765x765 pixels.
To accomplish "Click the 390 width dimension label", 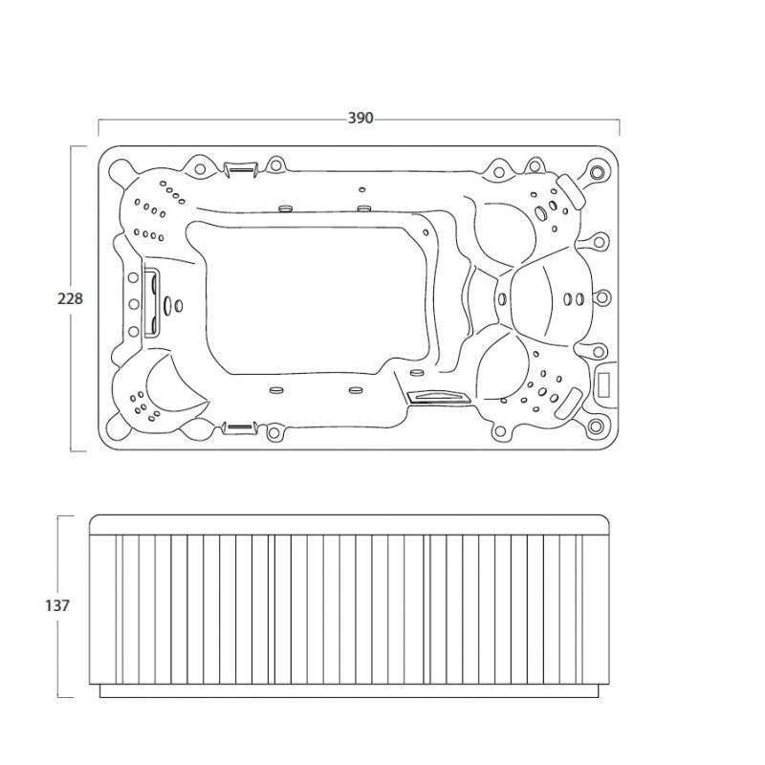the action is [361, 118].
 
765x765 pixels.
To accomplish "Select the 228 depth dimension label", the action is [70, 298].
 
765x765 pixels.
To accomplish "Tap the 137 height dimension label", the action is [57, 605].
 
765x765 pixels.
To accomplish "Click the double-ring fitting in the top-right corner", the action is [596, 172].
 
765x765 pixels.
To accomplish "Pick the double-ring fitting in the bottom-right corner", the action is [595, 426].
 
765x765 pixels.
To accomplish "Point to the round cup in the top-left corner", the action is [119, 169].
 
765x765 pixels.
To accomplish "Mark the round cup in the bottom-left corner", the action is [117, 426].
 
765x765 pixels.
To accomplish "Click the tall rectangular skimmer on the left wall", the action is [150, 303].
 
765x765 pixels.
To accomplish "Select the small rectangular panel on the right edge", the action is [605, 384].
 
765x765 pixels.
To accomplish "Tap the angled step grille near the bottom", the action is [437, 396].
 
